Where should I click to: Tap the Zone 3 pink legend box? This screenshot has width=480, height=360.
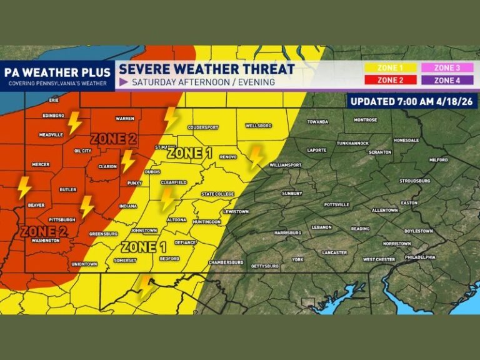pos(446,68)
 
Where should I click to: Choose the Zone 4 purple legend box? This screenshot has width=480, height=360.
pos(446,80)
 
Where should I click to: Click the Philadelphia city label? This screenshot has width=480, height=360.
pos(419,257)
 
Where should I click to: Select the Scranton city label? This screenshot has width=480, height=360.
pos(380,152)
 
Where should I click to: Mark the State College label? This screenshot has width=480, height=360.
pos(217,194)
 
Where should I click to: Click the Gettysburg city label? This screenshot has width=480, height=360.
pos(264,266)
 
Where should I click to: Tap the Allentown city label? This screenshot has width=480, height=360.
pos(384,211)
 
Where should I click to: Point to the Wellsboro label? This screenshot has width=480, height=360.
pos(258,126)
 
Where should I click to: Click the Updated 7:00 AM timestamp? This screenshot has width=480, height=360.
pos(411,101)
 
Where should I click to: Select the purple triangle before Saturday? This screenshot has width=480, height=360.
pos(124,82)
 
